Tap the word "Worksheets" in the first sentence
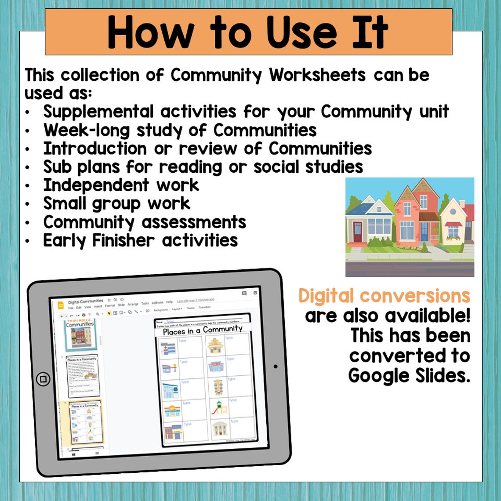[317, 75]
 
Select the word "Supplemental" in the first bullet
[98, 112]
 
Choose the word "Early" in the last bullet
[64, 241]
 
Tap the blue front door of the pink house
[424, 231]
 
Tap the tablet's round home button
[43, 379]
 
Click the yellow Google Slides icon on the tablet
[61, 306]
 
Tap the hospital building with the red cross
[168, 348]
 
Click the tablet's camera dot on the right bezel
[276, 366]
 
